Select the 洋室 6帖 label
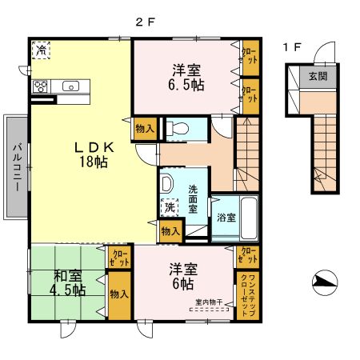181,277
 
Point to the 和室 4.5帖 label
69,283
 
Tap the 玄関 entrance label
318,77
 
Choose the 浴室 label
226,217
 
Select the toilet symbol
178,126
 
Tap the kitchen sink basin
70,86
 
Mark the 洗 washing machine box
170,207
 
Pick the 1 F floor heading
291,46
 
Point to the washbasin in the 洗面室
166,184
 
